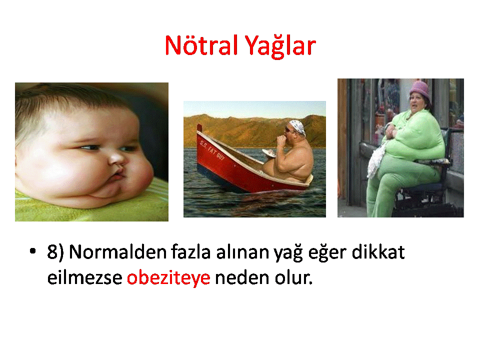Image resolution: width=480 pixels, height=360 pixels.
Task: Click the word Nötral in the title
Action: coord(201,45)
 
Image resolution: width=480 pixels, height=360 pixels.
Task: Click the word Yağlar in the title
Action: coord(280,46)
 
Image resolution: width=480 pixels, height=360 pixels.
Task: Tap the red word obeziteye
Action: coord(168,278)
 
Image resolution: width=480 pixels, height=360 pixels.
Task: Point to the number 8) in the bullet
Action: coord(55,252)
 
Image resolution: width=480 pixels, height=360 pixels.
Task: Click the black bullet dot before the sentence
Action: coord(32,251)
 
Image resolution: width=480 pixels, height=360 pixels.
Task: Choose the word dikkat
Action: coord(378,252)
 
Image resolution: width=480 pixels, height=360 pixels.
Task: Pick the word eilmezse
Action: coord(85,277)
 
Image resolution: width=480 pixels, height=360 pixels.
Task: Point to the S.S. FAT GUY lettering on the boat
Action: coord(212,150)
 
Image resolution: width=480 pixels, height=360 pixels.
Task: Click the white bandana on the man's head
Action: coord(297,126)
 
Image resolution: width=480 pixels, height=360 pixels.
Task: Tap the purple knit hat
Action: coord(419,88)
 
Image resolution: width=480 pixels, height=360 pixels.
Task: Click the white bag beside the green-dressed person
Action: coord(377,159)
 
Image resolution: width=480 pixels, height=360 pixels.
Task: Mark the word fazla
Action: coord(190,252)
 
